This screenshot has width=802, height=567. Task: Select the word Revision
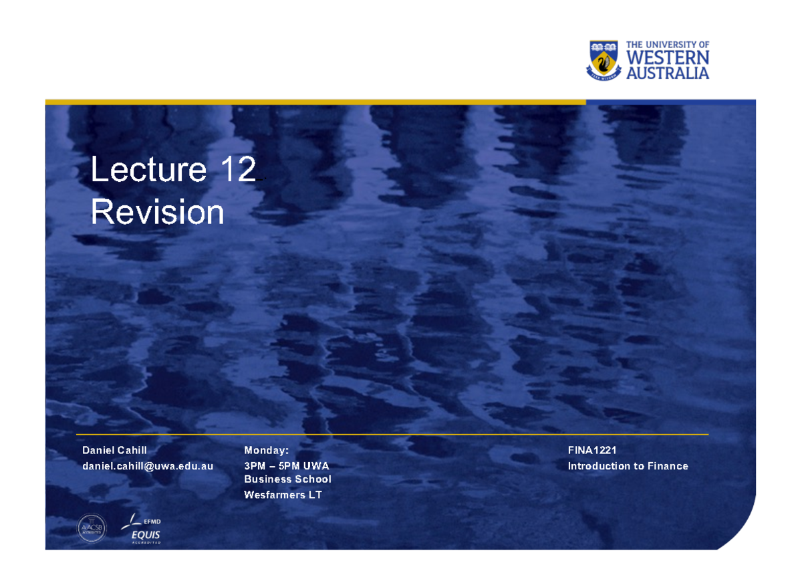[x=157, y=213]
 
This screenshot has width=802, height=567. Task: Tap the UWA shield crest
[x=603, y=60]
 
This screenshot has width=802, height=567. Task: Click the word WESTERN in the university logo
[x=667, y=59]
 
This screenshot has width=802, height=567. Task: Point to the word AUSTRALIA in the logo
[x=667, y=73]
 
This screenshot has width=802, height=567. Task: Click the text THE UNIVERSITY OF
[x=667, y=45]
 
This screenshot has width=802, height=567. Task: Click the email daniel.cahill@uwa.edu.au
[x=148, y=466]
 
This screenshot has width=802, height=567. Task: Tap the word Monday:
[x=266, y=451]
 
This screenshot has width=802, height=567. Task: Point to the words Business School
[x=287, y=479]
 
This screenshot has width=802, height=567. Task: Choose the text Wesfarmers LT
[x=283, y=495]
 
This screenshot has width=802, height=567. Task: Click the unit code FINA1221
[x=591, y=451]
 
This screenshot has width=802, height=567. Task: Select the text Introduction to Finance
[x=628, y=466]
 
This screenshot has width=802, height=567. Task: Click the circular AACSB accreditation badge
[x=92, y=528]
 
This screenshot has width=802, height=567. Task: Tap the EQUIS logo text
[x=146, y=535]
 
